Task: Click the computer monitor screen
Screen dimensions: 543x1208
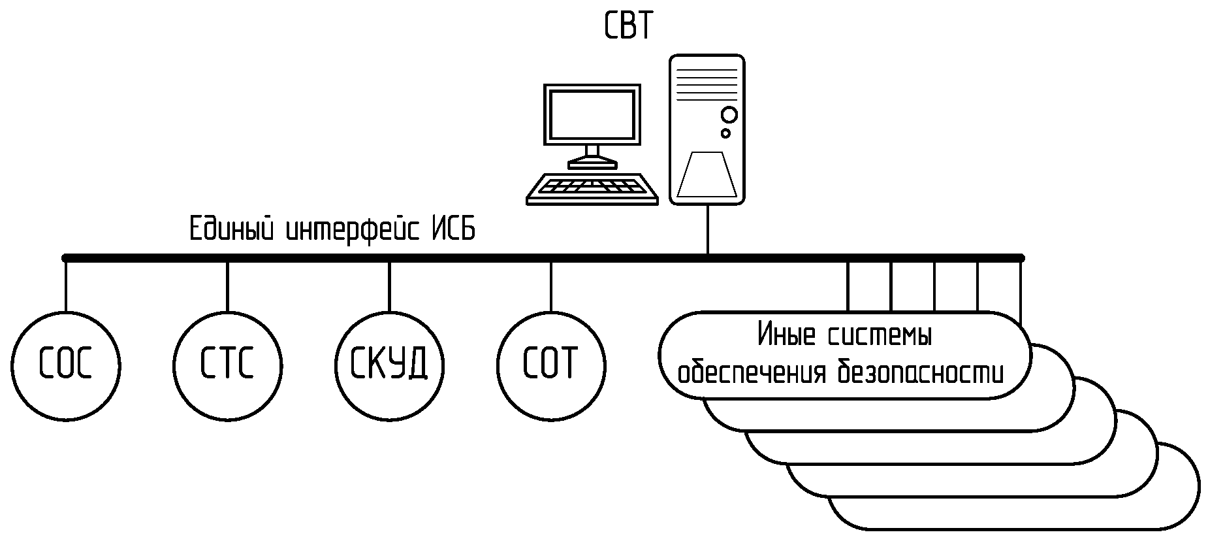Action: click(592, 114)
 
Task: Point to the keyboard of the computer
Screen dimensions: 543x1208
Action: click(592, 188)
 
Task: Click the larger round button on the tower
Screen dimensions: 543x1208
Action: click(729, 115)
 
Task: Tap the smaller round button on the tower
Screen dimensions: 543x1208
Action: click(725, 133)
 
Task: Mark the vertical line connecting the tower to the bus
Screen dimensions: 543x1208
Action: click(708, 229)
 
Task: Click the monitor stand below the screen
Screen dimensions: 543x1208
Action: click(592, 156)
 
